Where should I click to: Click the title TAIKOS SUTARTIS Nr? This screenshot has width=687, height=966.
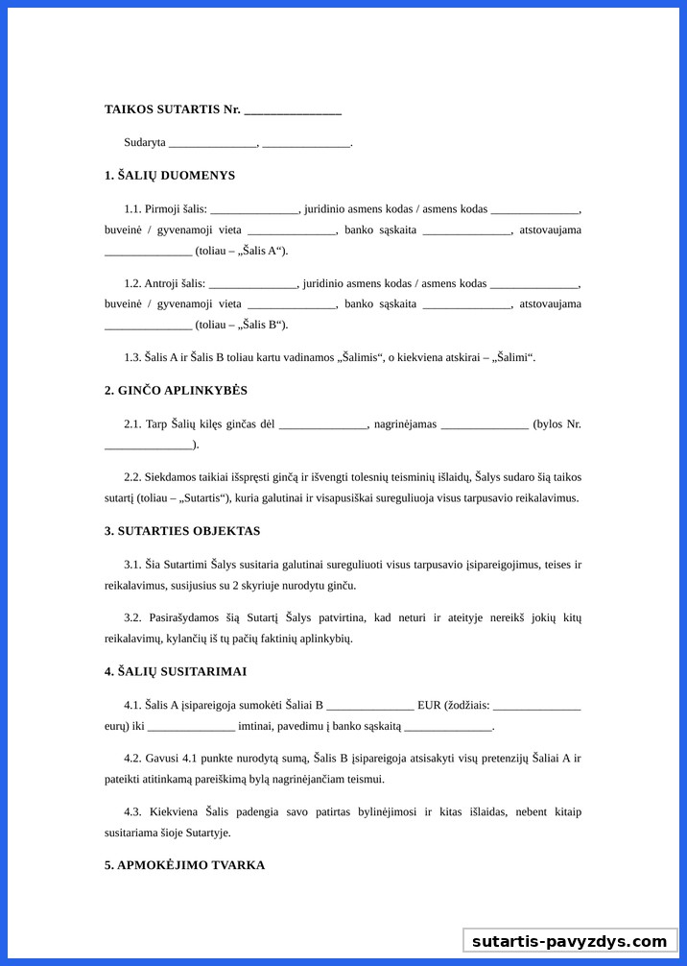click(172, 109)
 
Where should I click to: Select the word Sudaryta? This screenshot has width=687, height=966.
click(144, 142)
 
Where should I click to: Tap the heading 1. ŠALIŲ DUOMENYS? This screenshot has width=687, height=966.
click(170, 176)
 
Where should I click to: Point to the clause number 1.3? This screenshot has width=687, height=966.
click(132, 357)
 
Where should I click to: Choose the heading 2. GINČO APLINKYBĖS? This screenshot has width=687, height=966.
click(176, 391)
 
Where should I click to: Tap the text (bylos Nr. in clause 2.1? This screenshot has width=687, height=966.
click(557, 423)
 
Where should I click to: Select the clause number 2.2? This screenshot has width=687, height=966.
click(132, 477)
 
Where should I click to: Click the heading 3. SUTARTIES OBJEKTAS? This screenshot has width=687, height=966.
click(182, 531)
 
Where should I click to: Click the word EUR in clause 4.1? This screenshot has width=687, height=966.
click(430, 705)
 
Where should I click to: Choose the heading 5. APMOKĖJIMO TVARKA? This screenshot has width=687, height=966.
click(184, 865)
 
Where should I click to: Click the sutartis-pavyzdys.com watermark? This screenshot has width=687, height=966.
click(569, 941)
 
